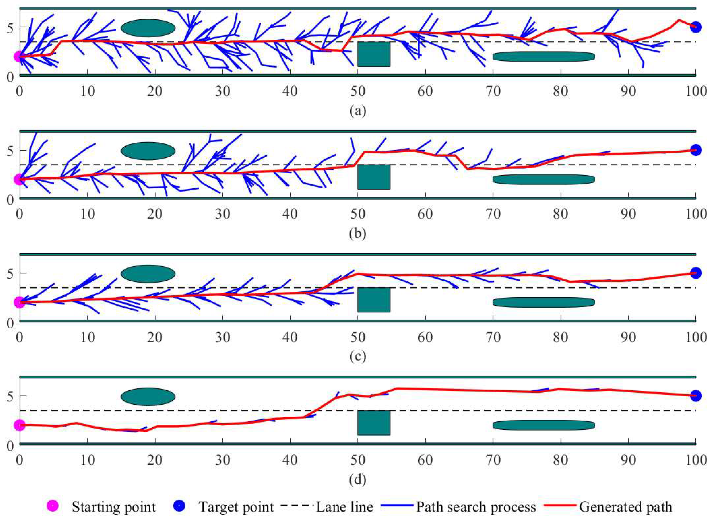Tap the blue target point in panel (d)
point(695,396)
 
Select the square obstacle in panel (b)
point(374,177)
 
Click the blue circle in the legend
point(179,506)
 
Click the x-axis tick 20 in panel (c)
point(155,337)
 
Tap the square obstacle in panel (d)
point(374,423)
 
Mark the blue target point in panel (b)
point(695,150)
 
